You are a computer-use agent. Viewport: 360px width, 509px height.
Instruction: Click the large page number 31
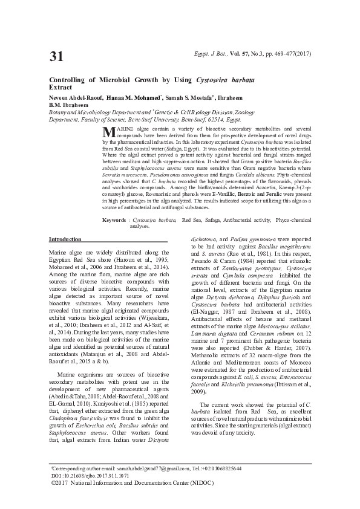point(56,57)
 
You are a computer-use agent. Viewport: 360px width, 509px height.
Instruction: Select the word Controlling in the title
point(67,80)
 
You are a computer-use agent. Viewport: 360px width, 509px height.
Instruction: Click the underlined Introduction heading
point(65,239)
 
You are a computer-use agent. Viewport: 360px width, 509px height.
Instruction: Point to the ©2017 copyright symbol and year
point(59,483)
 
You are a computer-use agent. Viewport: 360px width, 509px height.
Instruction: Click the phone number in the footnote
point(221,469)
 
